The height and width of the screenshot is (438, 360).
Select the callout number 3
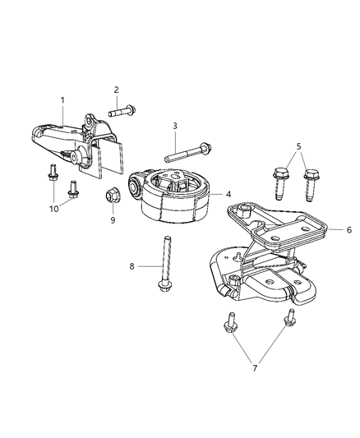click(x=174, y=125)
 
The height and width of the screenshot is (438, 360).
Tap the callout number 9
click(x=113, y=220)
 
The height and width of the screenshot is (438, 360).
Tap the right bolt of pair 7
click(x=288, y=321)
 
